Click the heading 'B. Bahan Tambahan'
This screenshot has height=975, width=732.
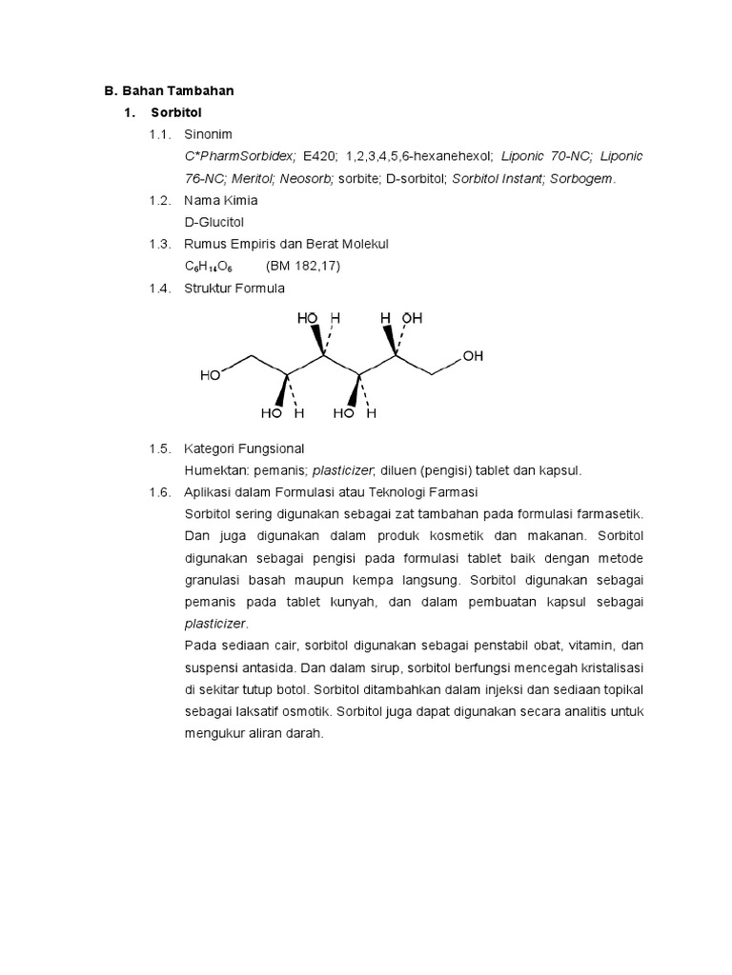pos(169,91)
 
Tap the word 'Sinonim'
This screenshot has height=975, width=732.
pos(209,134)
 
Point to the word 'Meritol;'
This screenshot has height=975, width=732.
pos(252,179)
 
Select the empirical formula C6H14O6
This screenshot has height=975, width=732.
pos(209,267)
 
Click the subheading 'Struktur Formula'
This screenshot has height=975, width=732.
pos(234,289)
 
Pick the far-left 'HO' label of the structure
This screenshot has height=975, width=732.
pos(211,375)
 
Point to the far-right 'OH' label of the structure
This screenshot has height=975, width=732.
pos(473,356)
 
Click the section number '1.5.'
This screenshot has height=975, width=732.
pos(159,448)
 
